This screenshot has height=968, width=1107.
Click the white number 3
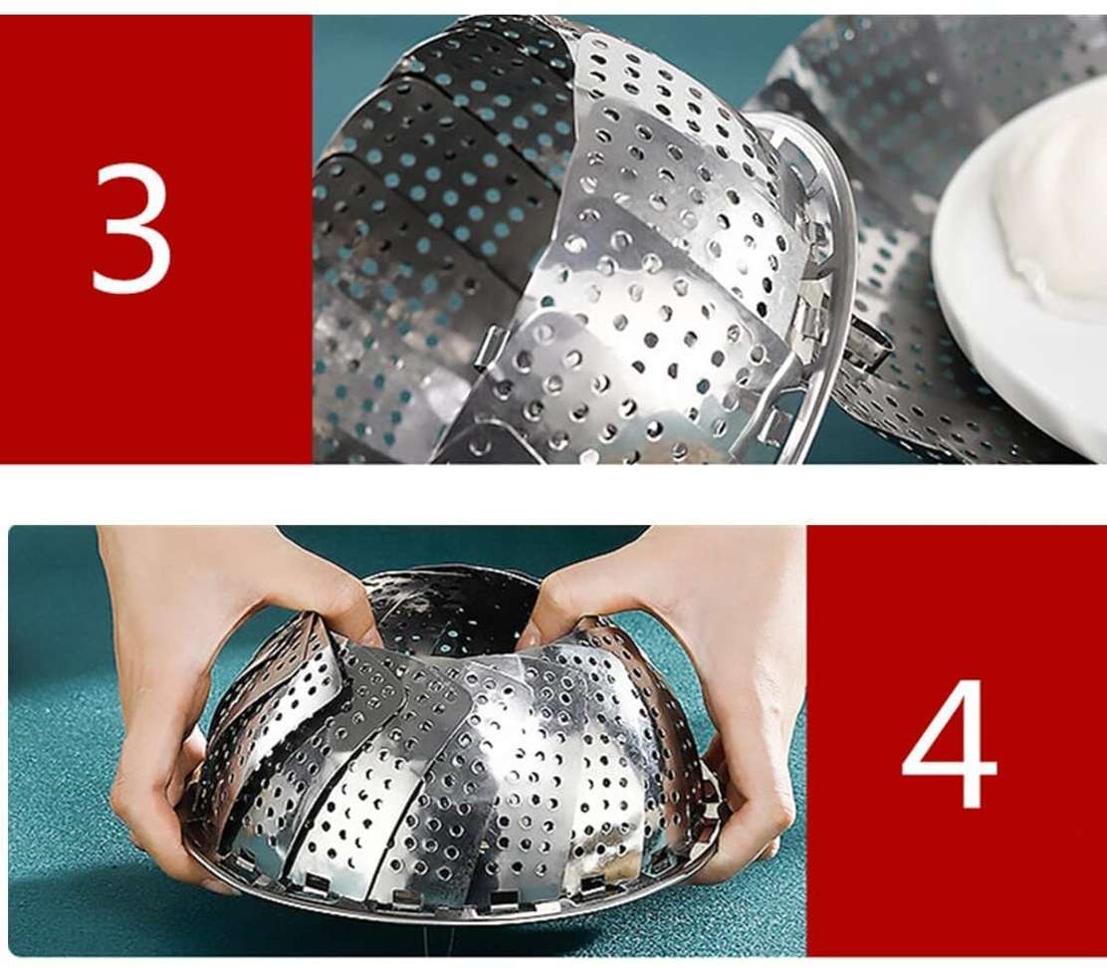pyautogui.click(x=131, y=227)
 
